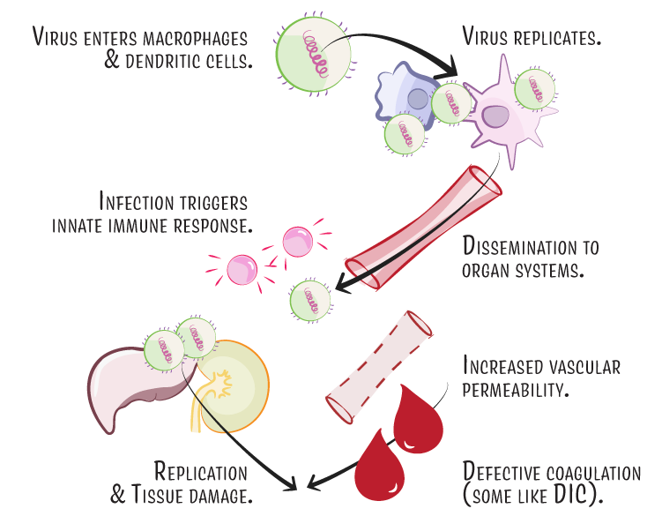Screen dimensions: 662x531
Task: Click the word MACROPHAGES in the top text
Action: pos(195,39)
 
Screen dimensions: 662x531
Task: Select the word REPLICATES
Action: pos(557,38)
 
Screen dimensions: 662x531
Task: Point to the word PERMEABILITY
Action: pos(516,390)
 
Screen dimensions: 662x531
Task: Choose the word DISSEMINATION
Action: pos(520,246)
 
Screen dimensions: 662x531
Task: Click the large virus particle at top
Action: pos(313,55)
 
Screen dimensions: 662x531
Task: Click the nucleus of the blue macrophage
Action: pos(419,100)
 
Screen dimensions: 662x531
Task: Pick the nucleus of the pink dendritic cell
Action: pos(495,116)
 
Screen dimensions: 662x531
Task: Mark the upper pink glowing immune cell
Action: pos(298,242)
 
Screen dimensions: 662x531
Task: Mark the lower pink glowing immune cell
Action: pos(242,270)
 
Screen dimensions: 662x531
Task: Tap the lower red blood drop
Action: pos(380,466)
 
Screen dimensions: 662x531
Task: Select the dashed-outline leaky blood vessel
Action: pos(379,368)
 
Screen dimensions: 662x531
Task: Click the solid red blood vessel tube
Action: pos(423,228)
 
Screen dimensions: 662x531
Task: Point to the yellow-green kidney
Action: pos(234,386)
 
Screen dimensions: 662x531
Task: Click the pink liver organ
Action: pos(127,382)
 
